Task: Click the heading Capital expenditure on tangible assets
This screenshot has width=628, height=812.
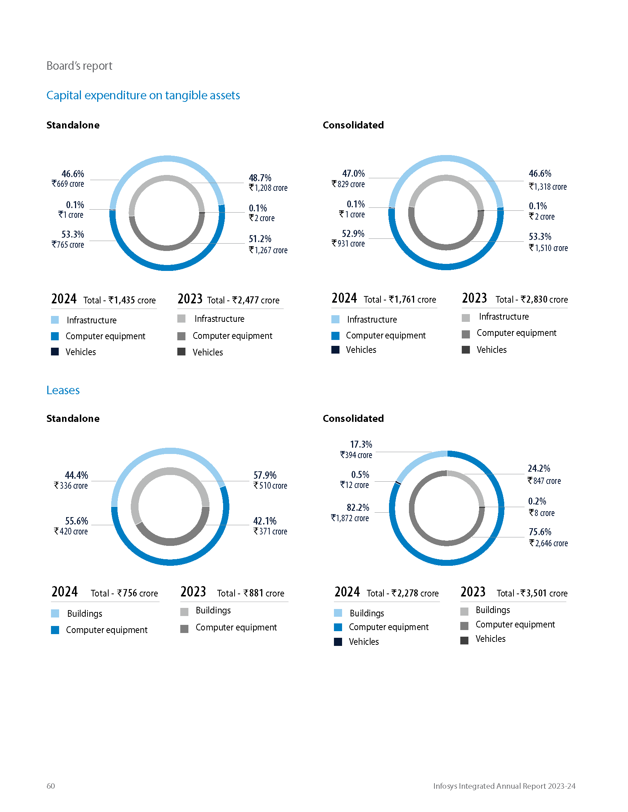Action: tap(143, 96)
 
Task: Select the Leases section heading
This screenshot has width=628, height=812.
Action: tap(63, 390)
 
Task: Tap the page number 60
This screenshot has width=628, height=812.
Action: tap(51, 785)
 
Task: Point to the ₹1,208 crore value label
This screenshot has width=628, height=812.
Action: tap(268, 188)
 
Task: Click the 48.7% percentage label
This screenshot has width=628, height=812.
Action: tap(260, 178)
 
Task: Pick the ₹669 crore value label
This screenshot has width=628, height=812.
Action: tap(68, 184)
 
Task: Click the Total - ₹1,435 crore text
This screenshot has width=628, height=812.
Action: tap(119, 300)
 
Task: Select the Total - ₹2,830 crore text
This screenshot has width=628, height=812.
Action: tap(532, 299)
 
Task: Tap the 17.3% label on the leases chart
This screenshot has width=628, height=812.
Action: tap(361, 444)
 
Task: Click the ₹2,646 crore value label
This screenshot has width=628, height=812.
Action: tap(548, 543)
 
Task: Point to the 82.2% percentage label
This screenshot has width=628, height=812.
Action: tap(358, 507)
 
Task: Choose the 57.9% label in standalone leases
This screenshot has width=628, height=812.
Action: tap(265, 475)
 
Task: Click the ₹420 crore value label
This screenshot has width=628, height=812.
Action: tap(71, 531)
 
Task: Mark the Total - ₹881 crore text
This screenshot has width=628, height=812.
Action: tap(250, 593)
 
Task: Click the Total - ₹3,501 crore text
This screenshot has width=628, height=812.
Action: tap(532, 593)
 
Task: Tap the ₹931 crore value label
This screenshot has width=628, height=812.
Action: tap(348, 244)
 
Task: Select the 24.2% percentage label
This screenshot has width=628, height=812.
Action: tap(539, 468)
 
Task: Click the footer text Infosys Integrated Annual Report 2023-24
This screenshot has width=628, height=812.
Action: tap(504, 785)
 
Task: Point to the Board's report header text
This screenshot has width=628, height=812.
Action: tap(79, 66)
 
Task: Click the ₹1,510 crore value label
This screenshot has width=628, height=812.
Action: tap(548, 248)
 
